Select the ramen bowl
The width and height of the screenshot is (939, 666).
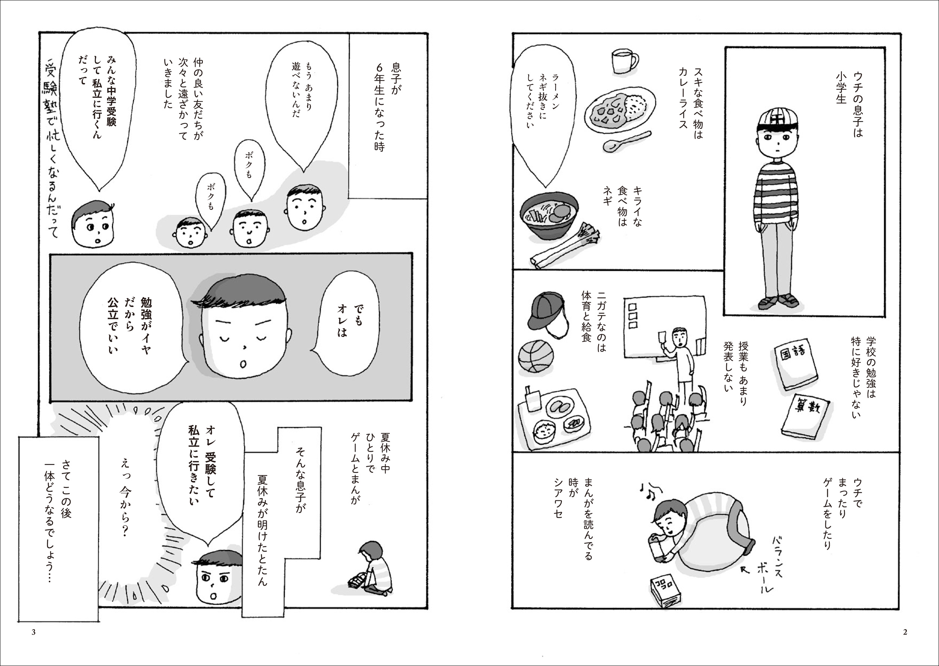coord(549,215)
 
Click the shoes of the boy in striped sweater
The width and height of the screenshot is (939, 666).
coord(778,301)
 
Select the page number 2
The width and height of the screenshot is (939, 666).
coord(905,631)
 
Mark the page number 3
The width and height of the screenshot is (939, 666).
coord(34,631)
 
